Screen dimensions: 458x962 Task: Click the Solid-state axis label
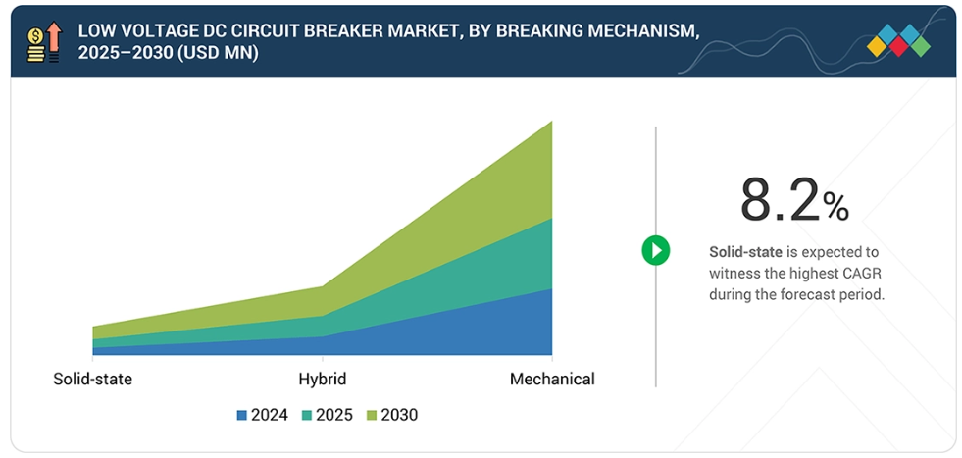pyautogui.click(x=92, y=379)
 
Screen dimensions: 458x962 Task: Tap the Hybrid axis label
pyautogui.click(x=322, y=379)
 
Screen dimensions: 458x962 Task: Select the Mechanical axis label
pyautogui.click(x=552, y=379)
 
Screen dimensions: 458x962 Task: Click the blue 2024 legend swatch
pyautogui.click(x=242, y=415)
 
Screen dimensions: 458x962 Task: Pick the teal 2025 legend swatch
pyautogui.click(x=307, y=415)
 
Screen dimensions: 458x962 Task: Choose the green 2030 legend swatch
pyautogui.click(x=372, y=415)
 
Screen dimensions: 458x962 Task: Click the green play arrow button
pyautogui.click(x=655, y=250)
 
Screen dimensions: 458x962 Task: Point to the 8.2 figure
pyautogui.click(x=779, y=201)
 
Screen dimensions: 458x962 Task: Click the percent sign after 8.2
pyautogui.click(x=835, y=206)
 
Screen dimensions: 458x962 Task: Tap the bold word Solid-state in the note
pyautogui.click(x=745, y=252)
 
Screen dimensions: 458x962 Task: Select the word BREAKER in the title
pyautogui.click(x=346, y=30)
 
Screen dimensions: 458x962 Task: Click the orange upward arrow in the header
pyautogui.click(x=54, y=37)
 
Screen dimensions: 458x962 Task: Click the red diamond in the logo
pyautogui.click(x=898, y=46)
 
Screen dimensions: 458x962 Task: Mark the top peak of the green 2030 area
pyautogui.click(x=551, y=122)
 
